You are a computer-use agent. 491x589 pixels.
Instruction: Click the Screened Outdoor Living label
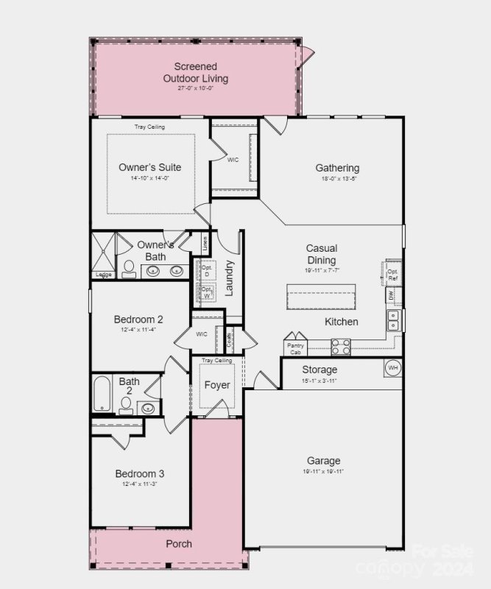coord(195,73)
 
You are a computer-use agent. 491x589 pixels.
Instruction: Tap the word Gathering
coord(337,168)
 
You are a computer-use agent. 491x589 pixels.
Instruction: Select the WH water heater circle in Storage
coord(392,367)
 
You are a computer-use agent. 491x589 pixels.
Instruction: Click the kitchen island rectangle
coord(321,297)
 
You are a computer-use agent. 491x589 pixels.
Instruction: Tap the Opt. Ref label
coord(393,275)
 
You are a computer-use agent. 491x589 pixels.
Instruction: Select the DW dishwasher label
coord(391,294)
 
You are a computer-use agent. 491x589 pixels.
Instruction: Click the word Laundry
coord(229,278)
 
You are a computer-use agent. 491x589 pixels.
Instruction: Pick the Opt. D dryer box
coord(206,270)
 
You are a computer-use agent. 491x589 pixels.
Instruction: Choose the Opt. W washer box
coord(207,293)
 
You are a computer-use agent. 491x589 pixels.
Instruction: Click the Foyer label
coord(216,385)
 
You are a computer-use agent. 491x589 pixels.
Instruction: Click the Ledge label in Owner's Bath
coord(102,275)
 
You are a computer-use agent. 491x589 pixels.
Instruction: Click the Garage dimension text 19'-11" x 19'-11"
coord(323,471)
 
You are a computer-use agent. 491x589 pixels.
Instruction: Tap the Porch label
coord(179,544)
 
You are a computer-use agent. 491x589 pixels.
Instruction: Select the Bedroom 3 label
coord(139,473)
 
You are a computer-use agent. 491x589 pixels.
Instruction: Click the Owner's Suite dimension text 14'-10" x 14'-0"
coord(150,178)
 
